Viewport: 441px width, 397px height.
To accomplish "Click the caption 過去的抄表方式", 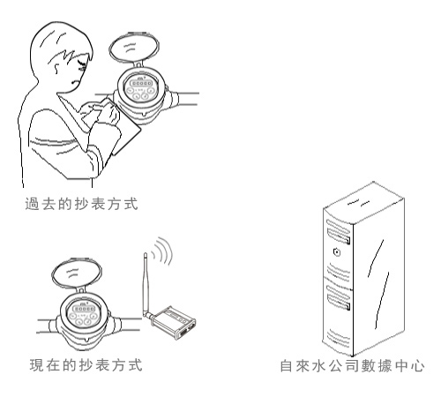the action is coord(81,204).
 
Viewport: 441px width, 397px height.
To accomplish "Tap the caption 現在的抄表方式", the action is coord(86,365).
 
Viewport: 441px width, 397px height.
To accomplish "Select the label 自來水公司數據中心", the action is coord(352,366).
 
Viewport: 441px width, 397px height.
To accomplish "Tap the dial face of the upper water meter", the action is coord(140,87).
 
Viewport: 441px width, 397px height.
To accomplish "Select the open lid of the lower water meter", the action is coord(77,273).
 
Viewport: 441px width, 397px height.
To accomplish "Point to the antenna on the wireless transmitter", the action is coord(146,285).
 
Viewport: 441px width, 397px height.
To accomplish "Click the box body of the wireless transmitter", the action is coord(174,323).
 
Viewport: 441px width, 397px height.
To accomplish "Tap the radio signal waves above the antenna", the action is coord(161,251).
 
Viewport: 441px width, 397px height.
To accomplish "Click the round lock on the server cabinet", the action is coord(337,252).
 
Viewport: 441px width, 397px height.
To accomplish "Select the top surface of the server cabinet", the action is coord(364,203).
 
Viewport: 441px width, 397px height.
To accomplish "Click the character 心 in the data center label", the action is coord(418,366).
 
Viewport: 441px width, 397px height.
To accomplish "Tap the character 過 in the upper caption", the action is coord(32,204).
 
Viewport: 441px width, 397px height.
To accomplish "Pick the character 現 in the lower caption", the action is coord(36,365).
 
